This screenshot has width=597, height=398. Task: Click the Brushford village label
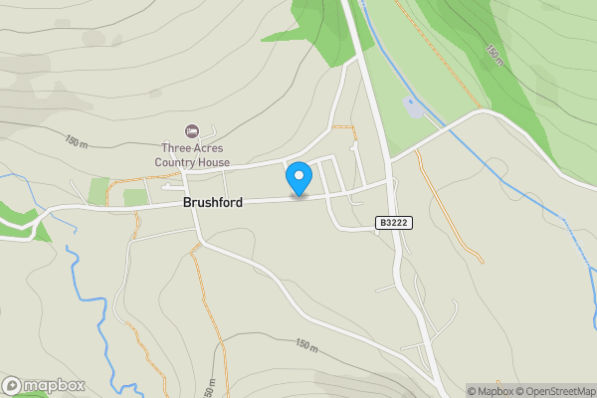(x=212, y=202)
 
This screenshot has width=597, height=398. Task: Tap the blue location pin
(x=298, y=178)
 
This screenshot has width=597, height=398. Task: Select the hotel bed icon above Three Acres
(x=192, y=130)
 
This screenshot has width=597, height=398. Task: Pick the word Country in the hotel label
(x=175, y=162)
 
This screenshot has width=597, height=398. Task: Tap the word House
(x=214, y=162)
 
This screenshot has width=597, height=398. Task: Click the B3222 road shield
(x=394, y=224)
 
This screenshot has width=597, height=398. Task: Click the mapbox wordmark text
(x=55, y=385)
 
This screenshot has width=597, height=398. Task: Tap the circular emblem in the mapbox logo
(x=12, y=385)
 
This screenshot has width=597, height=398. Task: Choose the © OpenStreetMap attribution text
(x=555, y=391)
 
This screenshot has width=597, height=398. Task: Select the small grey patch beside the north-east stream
(x=412, y=105)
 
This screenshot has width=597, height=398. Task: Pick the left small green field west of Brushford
(x=99, y=191)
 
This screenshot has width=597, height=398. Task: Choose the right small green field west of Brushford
(x=135, y=196)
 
